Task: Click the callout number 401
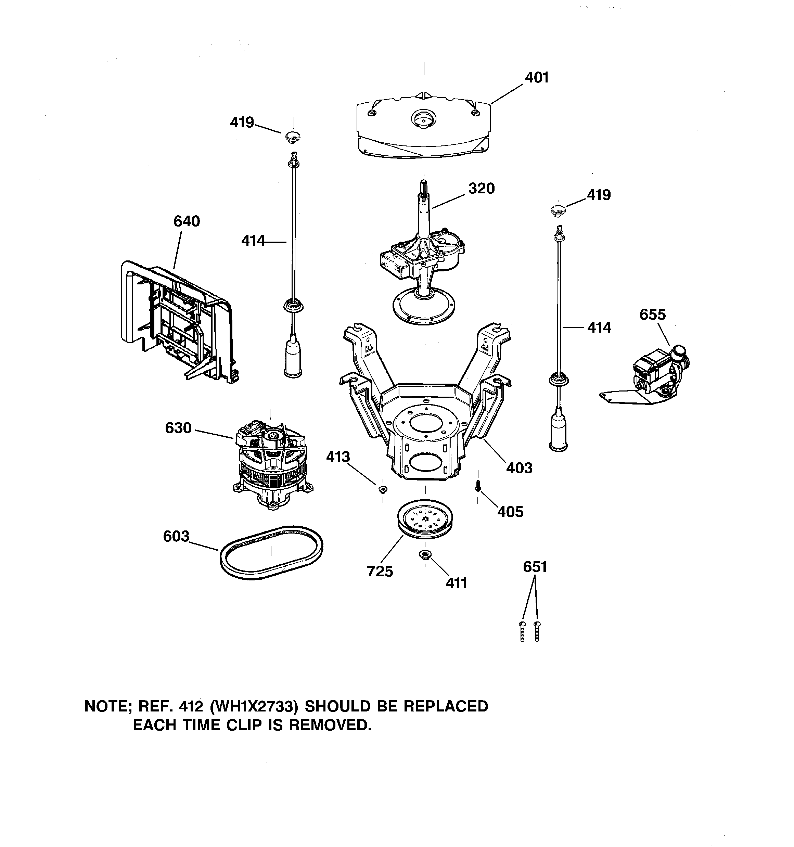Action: [x=536, y=78]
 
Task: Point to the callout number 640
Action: [x=187, y=221]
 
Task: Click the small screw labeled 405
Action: [x=478, y=485]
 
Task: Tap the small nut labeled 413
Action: [x=382, y=489]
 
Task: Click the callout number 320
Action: [x=481, y=188]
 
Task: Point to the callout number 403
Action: [x=519, y=468]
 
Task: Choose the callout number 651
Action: [x=535, y=567]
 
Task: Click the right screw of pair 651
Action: [x=537, y=631]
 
